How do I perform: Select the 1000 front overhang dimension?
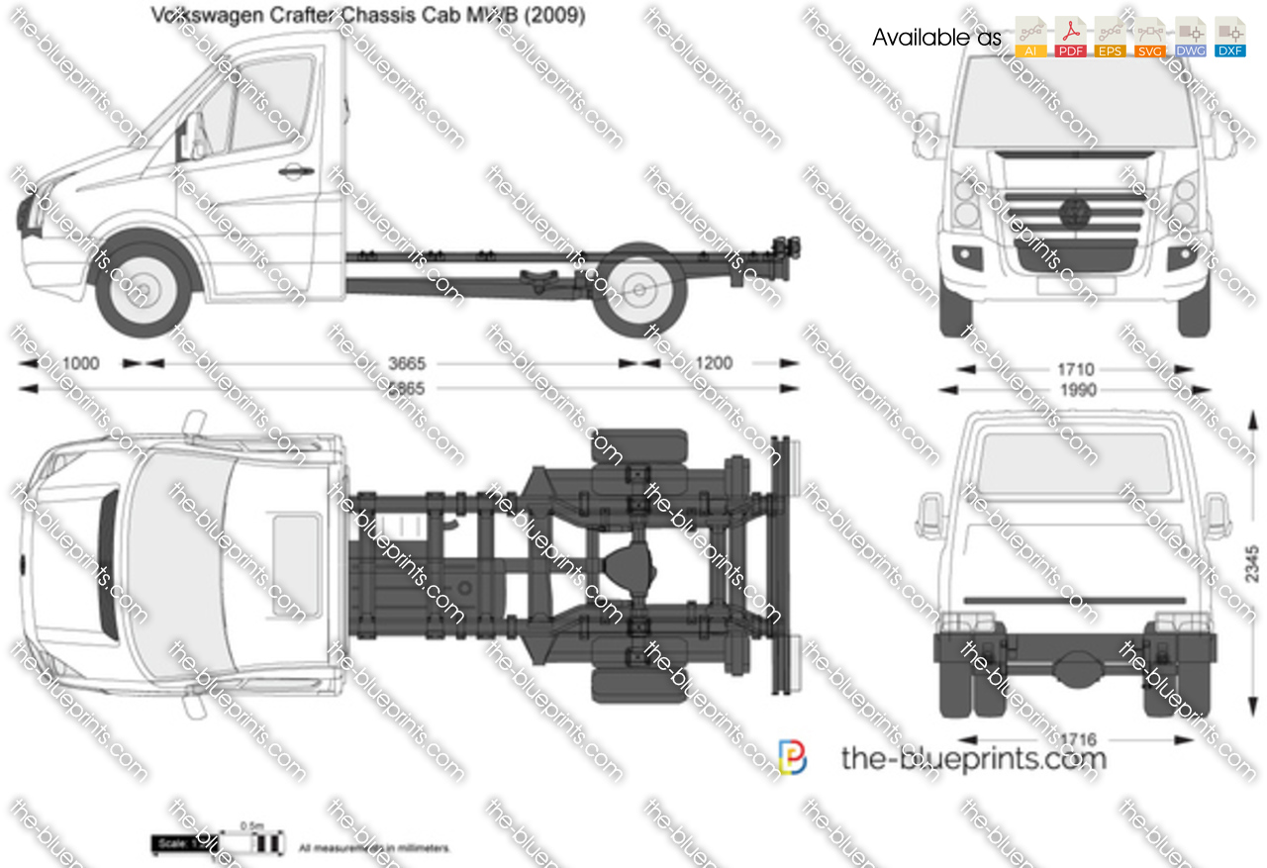point(80,363)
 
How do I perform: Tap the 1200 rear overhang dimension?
point(713,363)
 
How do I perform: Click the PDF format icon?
point(1070,38)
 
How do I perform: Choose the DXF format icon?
point(1229,38)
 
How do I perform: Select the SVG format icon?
point(1150,38)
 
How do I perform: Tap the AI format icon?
point(1030,38)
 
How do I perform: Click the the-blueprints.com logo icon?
point(792,757)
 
